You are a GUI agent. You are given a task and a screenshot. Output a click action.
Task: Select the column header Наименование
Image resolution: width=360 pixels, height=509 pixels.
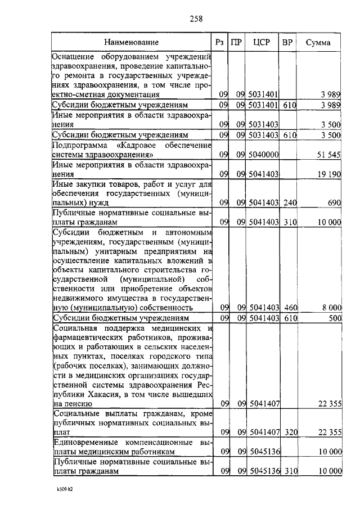tap(131, 42)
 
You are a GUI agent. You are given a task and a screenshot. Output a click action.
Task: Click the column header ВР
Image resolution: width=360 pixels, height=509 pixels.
tap(287, 42)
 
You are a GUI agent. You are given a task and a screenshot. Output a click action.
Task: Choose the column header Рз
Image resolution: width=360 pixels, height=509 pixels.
tap(220, 42)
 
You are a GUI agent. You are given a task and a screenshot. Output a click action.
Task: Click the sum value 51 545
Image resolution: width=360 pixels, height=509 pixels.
tap(329, 154)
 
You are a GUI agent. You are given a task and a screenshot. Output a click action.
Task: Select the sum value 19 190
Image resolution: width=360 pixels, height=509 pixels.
tap(329, 175)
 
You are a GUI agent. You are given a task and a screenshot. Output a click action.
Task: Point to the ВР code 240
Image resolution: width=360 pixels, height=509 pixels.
tap(289, 201)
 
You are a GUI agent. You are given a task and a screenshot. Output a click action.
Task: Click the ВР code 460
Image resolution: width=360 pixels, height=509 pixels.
tap(289, 308)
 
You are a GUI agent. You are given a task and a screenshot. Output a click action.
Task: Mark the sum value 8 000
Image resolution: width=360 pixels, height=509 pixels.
tap(331, 308)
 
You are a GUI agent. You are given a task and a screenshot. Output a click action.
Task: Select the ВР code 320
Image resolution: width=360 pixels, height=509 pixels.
tap(289, 432)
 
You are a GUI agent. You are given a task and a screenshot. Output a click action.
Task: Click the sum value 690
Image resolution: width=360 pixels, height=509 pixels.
tap(334, 201)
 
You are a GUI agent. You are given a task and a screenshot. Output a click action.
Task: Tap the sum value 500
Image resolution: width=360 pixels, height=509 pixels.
tap(335, 318)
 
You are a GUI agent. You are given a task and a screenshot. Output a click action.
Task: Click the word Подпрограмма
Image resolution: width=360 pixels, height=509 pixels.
tap(76, 146)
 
